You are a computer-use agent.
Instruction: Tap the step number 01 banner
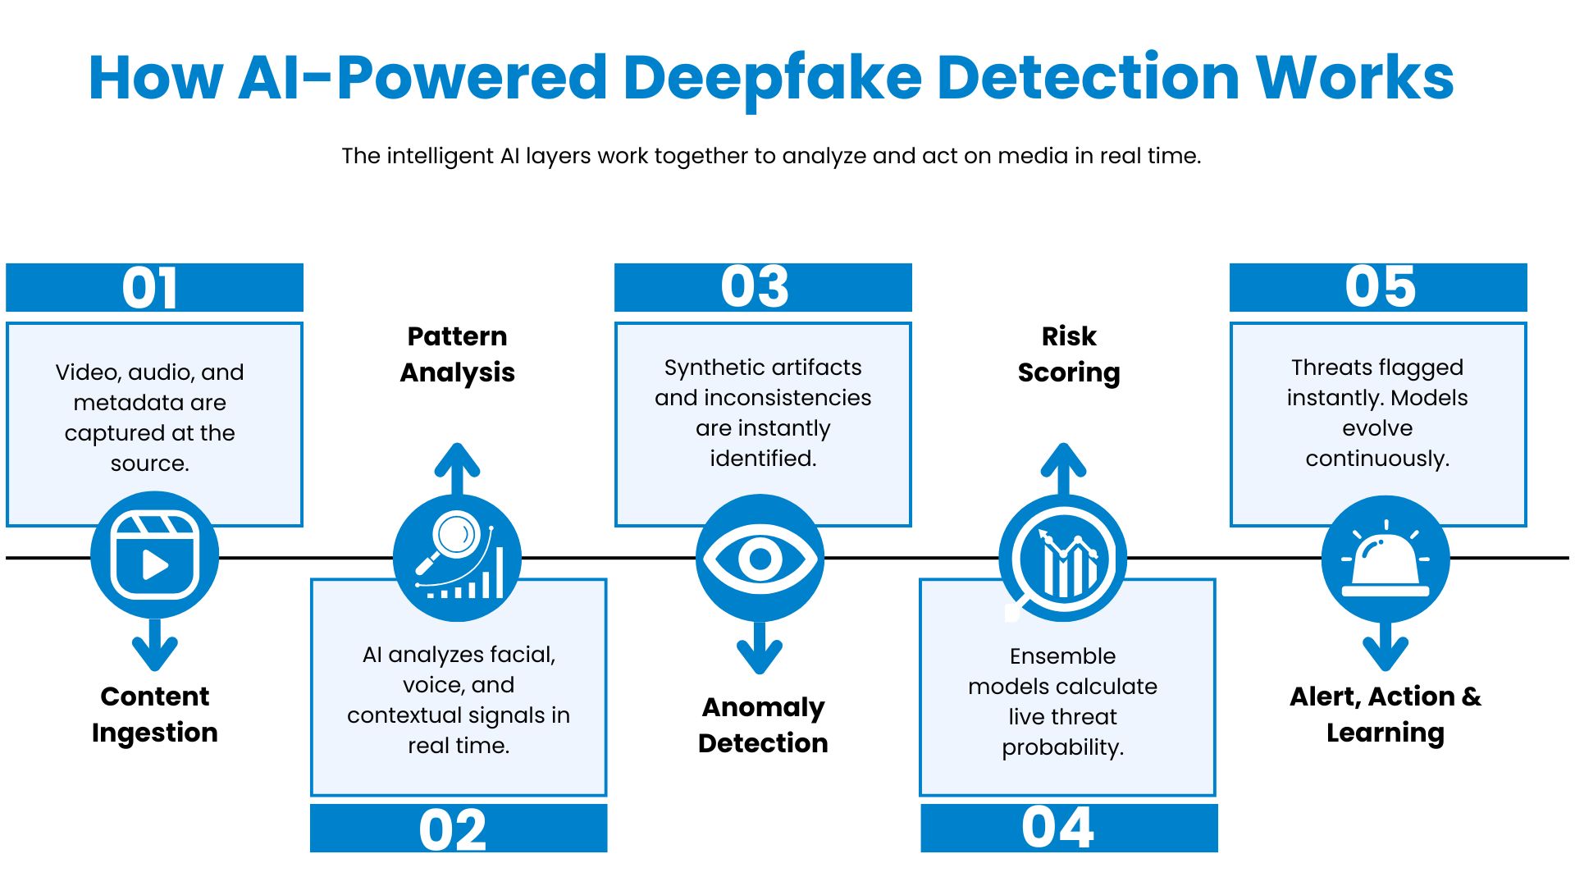click(x=154, y=287)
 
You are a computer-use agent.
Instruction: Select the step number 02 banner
click(x=459, y=829)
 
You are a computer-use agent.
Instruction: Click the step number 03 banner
click(x=763, y=287)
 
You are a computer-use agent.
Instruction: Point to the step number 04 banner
click(x=1068, y=828)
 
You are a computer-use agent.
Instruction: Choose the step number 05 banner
click(x=1378, y=287)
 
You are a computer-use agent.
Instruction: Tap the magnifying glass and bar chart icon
click(x=457, y=558)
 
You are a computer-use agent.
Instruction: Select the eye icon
click(x=760, y=559)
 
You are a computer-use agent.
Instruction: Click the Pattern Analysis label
click(x=457, y=354)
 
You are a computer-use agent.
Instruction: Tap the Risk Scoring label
click(x=1068, y=354)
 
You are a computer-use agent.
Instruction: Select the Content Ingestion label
click(x=154, y=714)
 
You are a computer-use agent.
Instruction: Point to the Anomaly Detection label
click(x=763, y=724)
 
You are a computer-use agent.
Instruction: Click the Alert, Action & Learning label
click(x=1386, y=714)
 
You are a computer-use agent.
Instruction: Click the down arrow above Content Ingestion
click(x=154, y=646)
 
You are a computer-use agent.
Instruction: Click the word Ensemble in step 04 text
click(x=1062, y=656)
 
